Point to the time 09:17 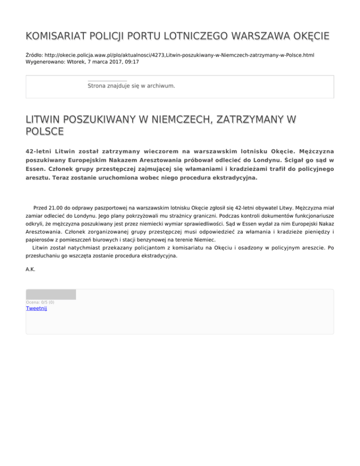pyautogui.click(x=131, y=61)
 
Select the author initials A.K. pyautogui.click(x=30, y=270)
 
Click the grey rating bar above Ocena pyautogui.click(x=51, y=294)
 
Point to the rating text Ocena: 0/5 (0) pyautogui.click(x=40, y=302)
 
